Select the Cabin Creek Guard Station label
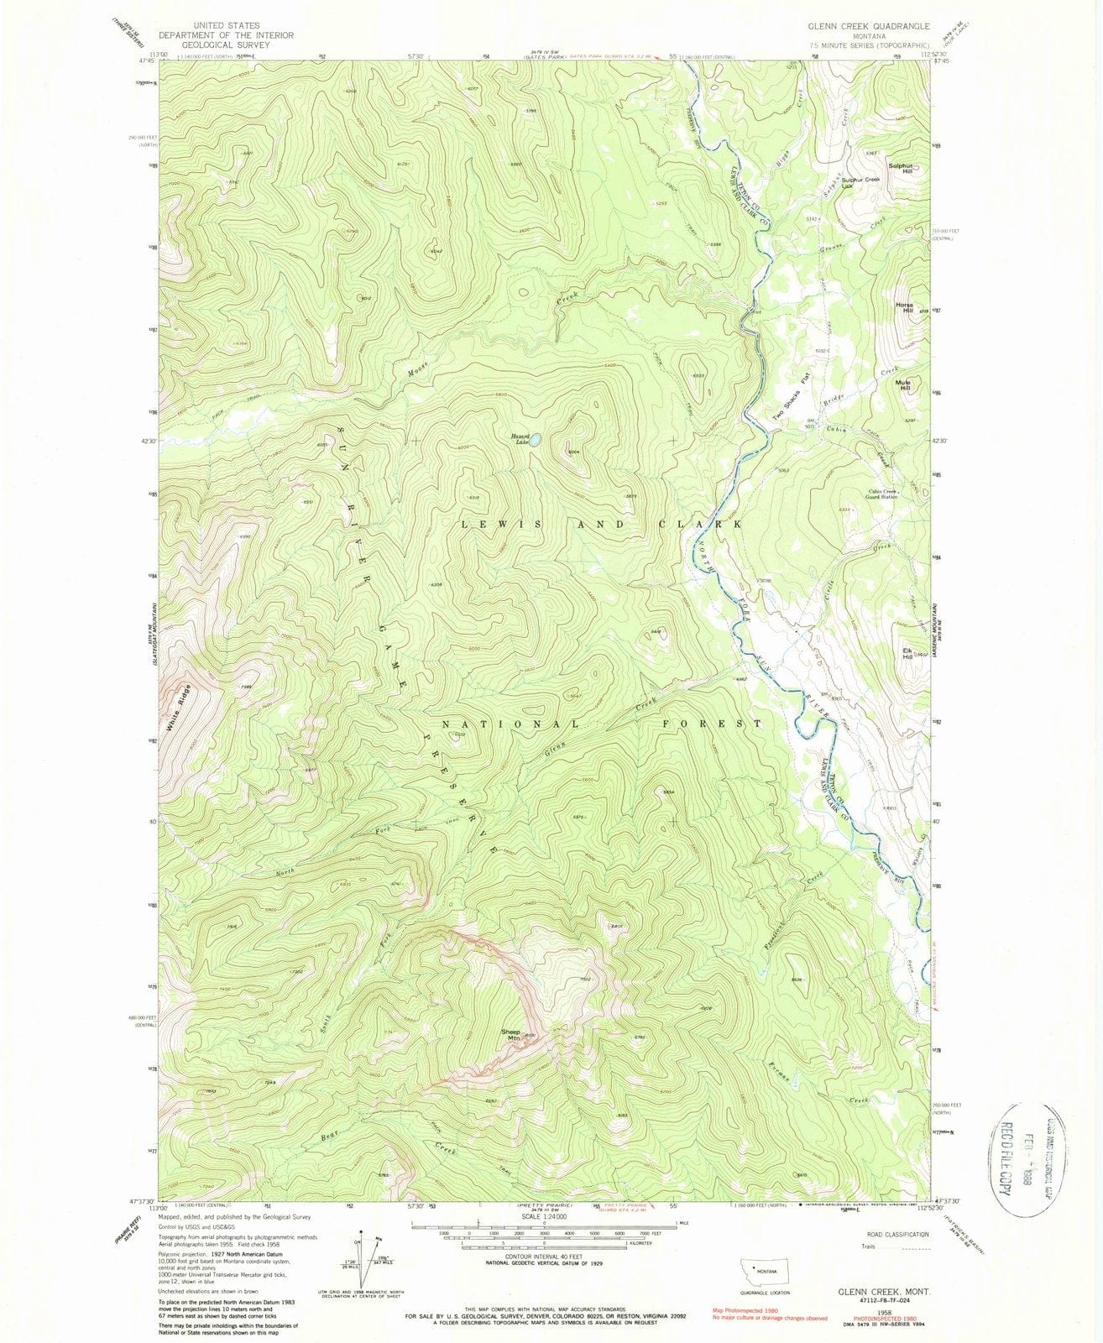click(876, 494)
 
